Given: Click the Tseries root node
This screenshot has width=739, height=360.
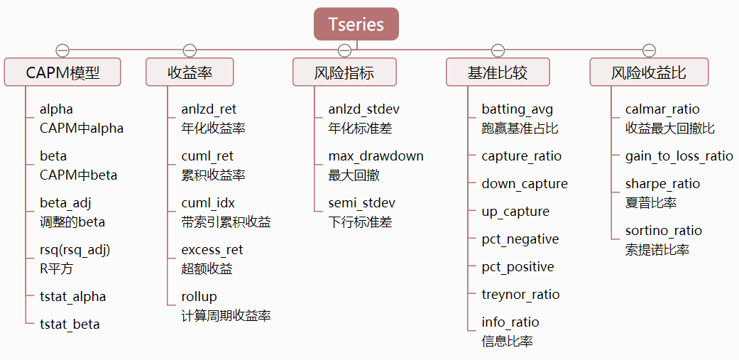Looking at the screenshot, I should coord(356,24).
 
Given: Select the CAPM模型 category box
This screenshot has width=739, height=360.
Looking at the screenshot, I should coord(62,72).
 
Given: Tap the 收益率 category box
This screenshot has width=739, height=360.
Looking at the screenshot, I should coord(190,72).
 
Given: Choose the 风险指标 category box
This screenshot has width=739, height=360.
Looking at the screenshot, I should coord(344,72).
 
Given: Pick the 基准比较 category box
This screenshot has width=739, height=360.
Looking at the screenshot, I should coord(498,72).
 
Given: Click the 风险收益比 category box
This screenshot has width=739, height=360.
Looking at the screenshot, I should coord(649,72).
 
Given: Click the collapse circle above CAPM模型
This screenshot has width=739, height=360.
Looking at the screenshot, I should coord(62,50).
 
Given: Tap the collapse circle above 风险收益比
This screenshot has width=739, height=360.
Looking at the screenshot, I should coord(649,50).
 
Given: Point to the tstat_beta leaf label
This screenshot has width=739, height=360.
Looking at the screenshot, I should coord(70,324).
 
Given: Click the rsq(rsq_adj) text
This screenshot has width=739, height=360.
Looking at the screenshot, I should coord(75,250).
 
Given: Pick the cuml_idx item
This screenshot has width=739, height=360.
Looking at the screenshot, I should coord(207,203).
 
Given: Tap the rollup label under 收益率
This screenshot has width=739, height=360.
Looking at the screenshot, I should coord(199,297).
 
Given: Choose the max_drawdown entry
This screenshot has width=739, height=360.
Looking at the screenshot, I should coord(376,156).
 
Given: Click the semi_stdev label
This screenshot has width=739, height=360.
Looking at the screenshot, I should coord(361,203).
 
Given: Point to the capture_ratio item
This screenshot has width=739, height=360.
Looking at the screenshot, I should coord(521,156).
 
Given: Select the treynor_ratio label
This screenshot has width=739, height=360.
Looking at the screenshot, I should coord(520,295).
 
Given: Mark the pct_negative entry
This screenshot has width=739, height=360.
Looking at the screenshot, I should coord(520,239).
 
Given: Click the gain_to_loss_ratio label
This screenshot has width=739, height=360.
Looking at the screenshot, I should coord(679,156).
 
